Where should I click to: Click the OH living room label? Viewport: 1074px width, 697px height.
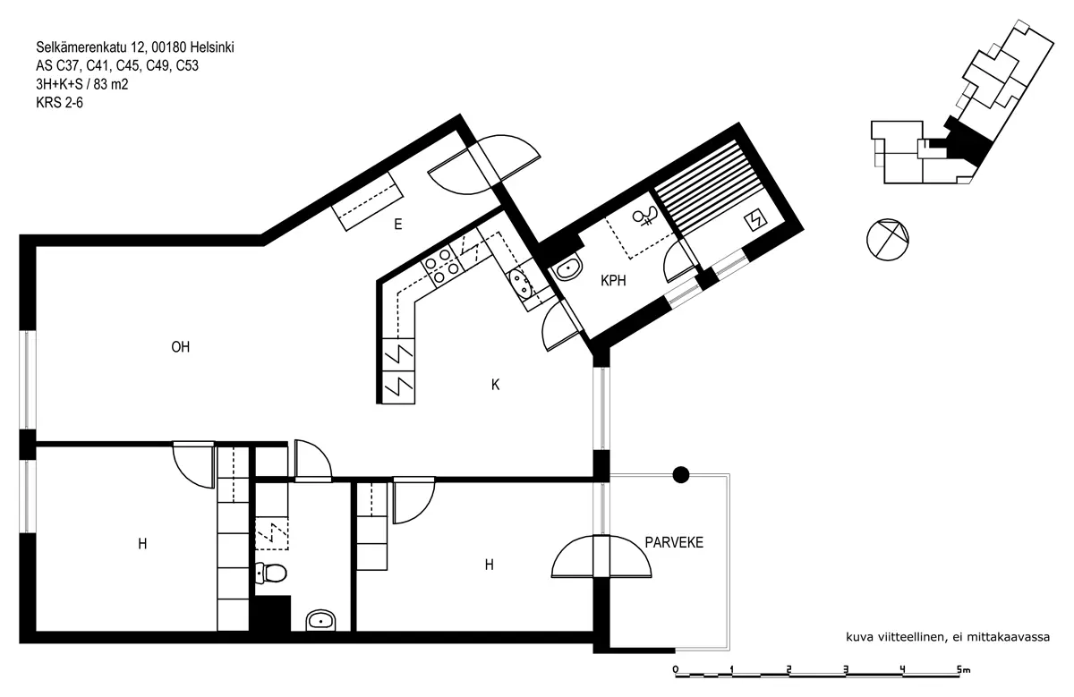180,346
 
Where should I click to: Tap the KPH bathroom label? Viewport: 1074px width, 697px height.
613,280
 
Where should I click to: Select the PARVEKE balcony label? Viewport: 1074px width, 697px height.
674,542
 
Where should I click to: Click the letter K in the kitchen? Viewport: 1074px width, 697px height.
495,385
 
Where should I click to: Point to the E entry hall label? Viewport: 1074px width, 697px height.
398,224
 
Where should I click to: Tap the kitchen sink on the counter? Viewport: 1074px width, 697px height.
520,284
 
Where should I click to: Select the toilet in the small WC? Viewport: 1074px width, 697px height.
271,573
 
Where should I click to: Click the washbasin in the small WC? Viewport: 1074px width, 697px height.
320,620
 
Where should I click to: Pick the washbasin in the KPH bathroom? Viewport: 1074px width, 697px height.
567,268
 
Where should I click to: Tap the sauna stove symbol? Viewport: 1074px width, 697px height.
755,221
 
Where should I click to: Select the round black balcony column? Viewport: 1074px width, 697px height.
681,474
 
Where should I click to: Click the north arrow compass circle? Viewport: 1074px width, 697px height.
888,240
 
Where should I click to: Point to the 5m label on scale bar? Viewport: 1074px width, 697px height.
963,669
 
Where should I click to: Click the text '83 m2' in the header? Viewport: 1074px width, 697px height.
111,84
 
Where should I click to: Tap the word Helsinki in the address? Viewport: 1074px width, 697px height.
212,47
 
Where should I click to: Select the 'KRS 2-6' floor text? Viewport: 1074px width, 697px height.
59,103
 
